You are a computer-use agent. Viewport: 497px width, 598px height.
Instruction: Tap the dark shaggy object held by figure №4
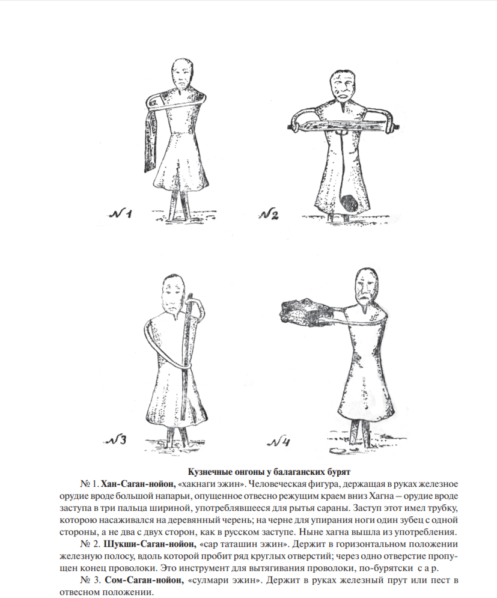(303, 310)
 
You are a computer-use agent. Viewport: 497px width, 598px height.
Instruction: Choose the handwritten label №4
(281, 444)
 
